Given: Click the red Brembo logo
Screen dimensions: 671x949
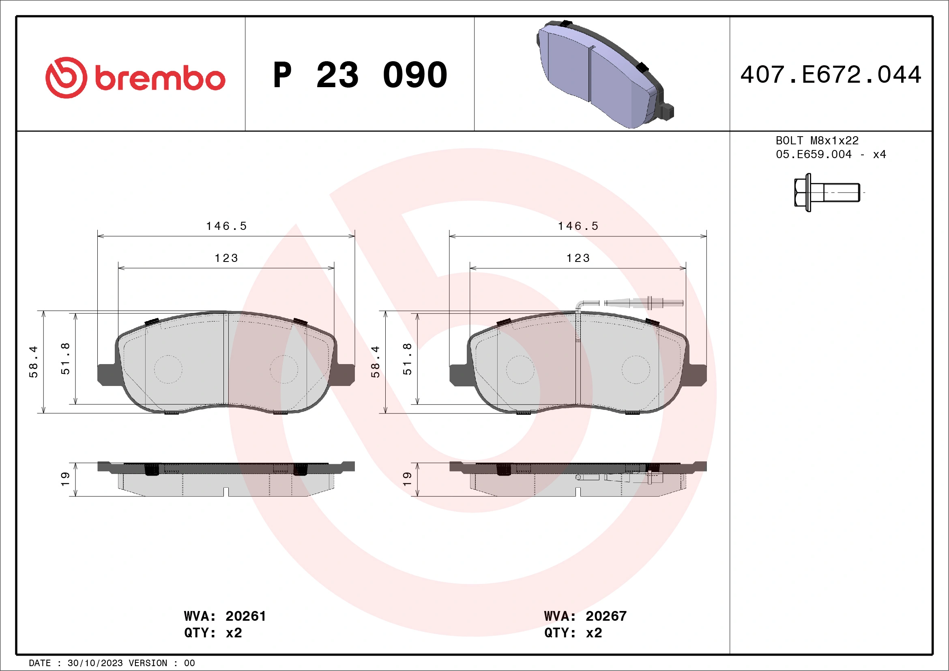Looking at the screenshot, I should [x=135, y=78].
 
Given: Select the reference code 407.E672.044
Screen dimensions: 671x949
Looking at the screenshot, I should [x=831, y=75].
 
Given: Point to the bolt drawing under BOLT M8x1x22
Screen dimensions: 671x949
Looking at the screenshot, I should [x=826, y=193].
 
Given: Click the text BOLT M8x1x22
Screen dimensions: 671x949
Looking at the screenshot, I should [x=817, y=140].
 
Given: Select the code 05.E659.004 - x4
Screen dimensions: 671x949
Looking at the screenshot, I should [x=831, y=154].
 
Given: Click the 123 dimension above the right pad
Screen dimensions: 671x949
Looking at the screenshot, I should [x=578, y=258].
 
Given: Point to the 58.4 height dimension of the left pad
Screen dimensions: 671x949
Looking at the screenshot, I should [x=33, y=362].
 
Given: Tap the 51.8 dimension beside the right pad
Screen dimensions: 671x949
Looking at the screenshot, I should [x=407, y=359].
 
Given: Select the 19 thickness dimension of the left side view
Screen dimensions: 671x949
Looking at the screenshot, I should [x=65, y=479].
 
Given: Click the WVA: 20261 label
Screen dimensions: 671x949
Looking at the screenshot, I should [x=225, y=616].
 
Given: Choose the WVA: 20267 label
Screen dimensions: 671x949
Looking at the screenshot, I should [x=585, y=616].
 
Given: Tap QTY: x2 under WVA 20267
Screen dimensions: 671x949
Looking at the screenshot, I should [x=573, y=632].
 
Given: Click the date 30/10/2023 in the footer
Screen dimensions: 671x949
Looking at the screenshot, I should [x=95, y=663].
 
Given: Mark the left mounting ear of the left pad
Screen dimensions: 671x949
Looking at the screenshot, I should [x=107, y=375].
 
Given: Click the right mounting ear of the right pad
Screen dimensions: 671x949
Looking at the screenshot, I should [x=697, y=375].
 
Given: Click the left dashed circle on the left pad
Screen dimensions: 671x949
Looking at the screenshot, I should [x=168, y=369].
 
